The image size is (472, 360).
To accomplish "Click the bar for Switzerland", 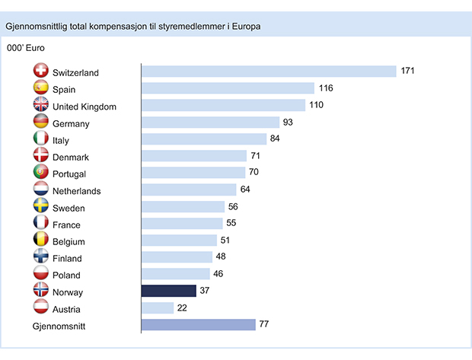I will (x=269, y=72).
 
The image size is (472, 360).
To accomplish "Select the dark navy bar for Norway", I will (x=169, y=291).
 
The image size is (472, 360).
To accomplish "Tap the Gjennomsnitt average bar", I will (x=199, y=325).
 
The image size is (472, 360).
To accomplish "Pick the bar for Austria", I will (x=158, y=308).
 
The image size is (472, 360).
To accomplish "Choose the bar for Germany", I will (x=211, y=122).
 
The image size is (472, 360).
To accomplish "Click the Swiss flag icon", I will (x=41, y=72).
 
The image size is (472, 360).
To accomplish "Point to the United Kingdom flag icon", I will (x=41, y=106).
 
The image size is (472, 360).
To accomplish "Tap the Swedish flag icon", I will (x=41, y=207).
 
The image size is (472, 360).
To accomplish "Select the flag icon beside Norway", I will (x=41, y=292).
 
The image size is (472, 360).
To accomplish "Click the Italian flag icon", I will (x=41, y=139).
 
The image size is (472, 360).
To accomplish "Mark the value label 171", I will (x=408, y=72).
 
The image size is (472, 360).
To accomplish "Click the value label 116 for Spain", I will (x=326, y=88).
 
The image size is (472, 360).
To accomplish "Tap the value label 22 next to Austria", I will (x=183, y=308).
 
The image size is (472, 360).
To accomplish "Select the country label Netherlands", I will (x=77, y=191).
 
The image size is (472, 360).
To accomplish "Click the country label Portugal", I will (x=69, y=174).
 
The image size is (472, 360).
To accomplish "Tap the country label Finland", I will (x=67, y=258).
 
